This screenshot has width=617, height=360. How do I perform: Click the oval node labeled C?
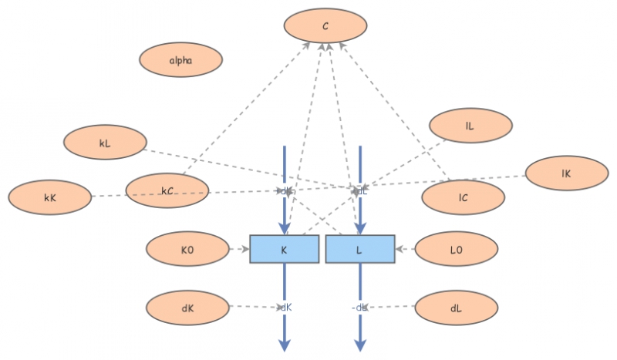pyautogui.click(x=325, y=26)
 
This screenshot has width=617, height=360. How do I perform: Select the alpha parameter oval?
pyautogui.click(x=180, y=59)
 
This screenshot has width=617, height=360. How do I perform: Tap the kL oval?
pyautogui.click(x=105, y=143)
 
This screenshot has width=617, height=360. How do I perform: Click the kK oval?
pyautogui.click(x=50, y=197)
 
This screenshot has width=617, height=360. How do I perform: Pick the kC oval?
pyautogui.click(x=167, y=190)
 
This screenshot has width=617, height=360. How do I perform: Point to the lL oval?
pyautogui.click(x=470, y=126)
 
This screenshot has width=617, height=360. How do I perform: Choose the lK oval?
pyautogui.click(x=566, y=174)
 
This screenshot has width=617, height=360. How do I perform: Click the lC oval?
pyautogui.click(x=463, y=197)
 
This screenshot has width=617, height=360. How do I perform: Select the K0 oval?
pyautogui.click(x=187, y=249)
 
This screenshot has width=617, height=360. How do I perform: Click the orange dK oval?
pyautogui.click(x=187, y=308)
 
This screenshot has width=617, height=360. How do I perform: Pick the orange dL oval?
pyautogui.click(x=456, y=308)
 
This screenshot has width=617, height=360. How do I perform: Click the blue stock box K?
pyautogui.click(x=284, y=249)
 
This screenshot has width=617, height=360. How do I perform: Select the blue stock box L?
pyautogui.click(x=359, y=249)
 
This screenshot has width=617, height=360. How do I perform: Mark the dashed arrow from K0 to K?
pyautogui.click(x=239, y=249)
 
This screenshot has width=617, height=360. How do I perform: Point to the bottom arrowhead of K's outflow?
pyautogui.click(x=285, y=345)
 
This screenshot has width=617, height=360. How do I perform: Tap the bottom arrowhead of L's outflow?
pyautogui.click(x=359, y=345)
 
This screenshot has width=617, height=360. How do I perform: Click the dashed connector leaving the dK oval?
pyautogui.click(x=255, y=307)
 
